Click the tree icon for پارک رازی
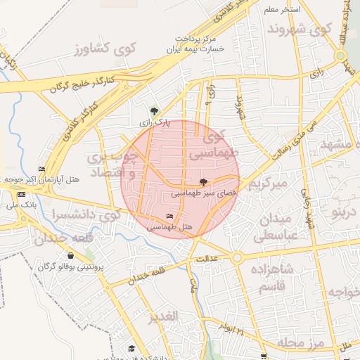pos(154,110)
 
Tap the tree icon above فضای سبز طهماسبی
pos(204,181)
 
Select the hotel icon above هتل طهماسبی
pos(169,216)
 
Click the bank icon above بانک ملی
pos(21,194)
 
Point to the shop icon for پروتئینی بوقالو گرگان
pos(70,256)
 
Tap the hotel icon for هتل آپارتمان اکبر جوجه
pos(41,169)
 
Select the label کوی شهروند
pos(299,30)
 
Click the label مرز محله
pos(300,342)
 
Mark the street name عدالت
pos(207,259)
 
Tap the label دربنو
pos(345,212)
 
